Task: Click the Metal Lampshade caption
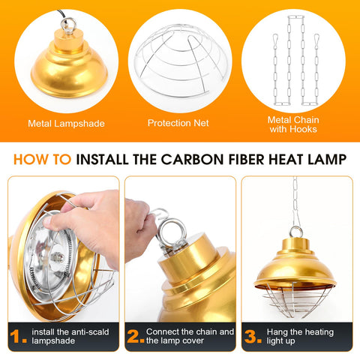[x=66, y=124]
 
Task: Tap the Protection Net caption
[x=178, y=123]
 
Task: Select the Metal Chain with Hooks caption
[x=293, y=124]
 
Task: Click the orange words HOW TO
[x=42, y=159]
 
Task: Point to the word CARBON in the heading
[x=192, y=159]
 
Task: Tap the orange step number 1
[x=18, y=336]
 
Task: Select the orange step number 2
[x=136, y=336]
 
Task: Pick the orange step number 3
[x=253, y=336]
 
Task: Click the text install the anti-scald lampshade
[x=70, y=336]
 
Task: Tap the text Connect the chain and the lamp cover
[x=190, y=336]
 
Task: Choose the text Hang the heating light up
[x=300, y=336]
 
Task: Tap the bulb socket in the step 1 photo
[x=58, y=257]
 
